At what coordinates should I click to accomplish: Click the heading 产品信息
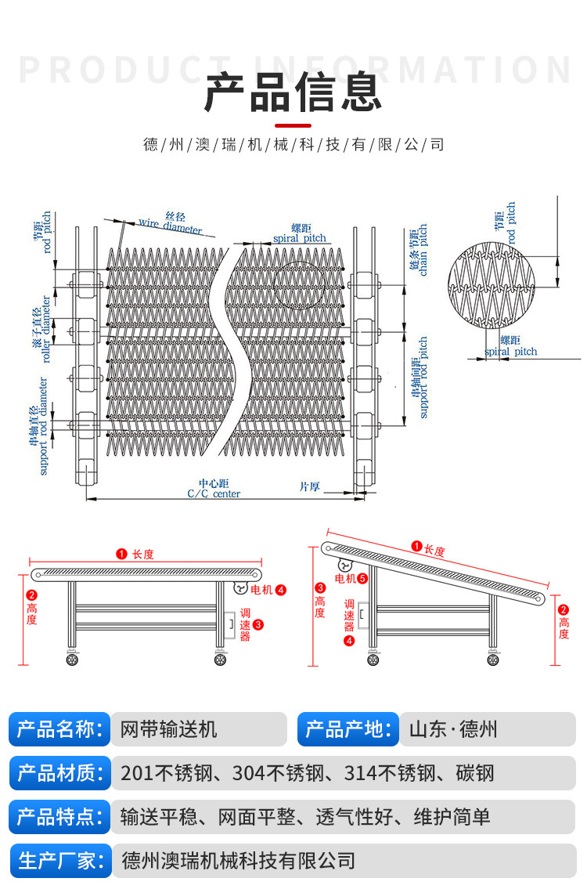point(293,92)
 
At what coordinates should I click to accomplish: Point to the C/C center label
point(214,490)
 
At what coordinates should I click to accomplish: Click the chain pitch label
point(418,251)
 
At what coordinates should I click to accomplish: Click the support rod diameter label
point(38,427)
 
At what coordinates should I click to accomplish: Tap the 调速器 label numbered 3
point(245,624)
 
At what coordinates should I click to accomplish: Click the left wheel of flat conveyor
point(73,660)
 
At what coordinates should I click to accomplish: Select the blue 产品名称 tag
point(59,730)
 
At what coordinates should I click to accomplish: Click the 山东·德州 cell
point(453,730)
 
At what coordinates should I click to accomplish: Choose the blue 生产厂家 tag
point(59,861)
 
